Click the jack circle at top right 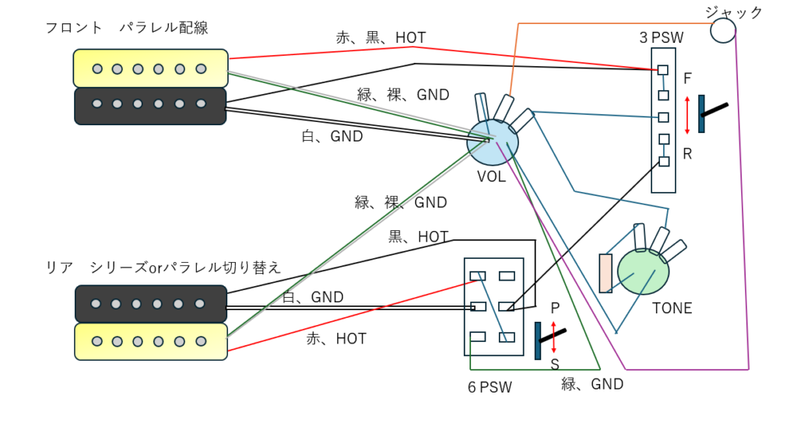click(x=723, y=30)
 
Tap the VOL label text click(x=491, y=177)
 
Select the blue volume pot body click(x=492, y=141)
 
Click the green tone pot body click(x=643, y=271)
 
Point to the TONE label click(x=672, y=309)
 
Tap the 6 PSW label click(x=490, y=387)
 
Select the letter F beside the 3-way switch click(x=687, y=79)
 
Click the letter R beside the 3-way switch click(x=687, y=154)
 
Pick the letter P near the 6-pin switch click(x=555, y=308)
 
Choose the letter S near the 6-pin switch click(x=555, y=364)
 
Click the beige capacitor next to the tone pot click(x=606, y=273)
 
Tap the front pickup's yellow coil click(x=150, y=68)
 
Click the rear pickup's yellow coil click(x=151, y=341)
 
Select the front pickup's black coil click(x=150, y=105)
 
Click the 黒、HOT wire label click(x=419, y=236)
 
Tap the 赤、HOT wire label click(x=336, y=339)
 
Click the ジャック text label click(x=734, y=12)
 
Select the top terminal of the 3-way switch click(x=662, y=69)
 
